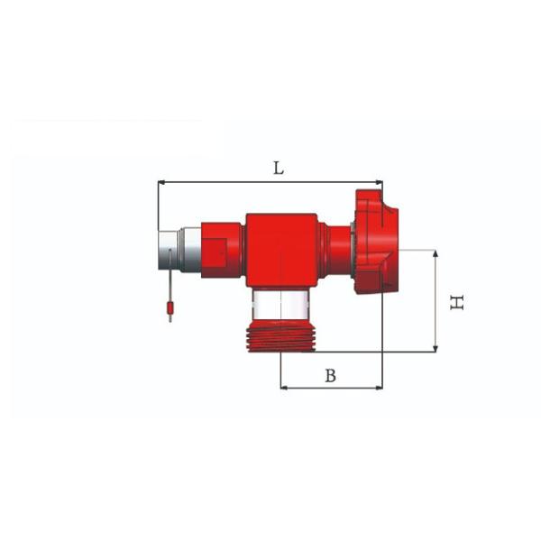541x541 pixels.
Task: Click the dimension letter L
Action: pyautogui.click(x=279, y=168)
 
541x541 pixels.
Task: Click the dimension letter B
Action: pyautogui.click(x=330, y=376)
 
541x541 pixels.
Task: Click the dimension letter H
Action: pyautogui.click(x=458, y=302)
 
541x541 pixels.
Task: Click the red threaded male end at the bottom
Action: pyautogui.click(x=280, y=339)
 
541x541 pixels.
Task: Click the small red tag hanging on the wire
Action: pyautogui.click(x=169, y=312)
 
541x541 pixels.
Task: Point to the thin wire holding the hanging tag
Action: pyautogui.click(x=169, y=287)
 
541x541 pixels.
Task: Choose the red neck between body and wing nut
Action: pyautogui.click(x=337, y=248)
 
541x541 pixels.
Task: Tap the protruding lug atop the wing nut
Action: pyautogui.click(x=370, y=197)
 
